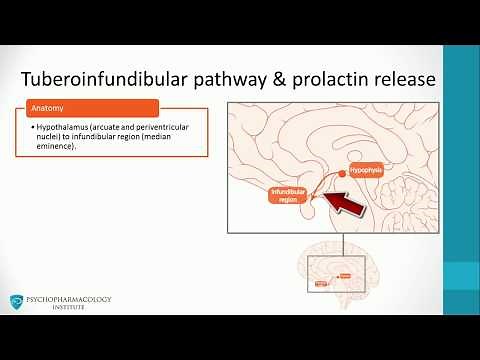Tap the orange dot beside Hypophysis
pos(342,174)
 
